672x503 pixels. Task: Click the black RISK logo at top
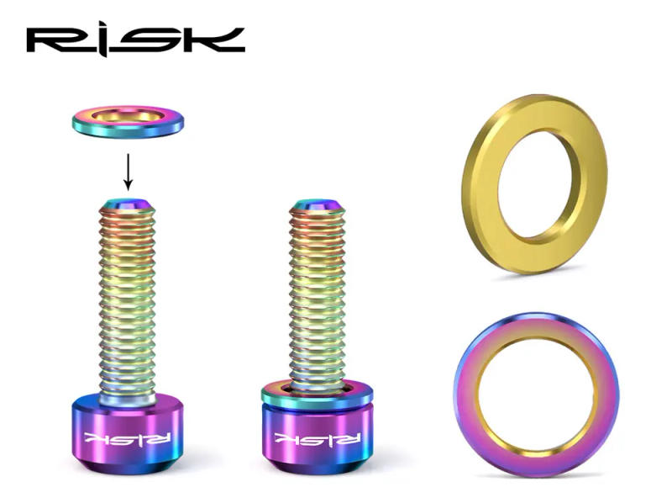pyautogui.click(x=135, y=40)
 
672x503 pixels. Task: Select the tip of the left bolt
pyautogui.click(x=128, y=202)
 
